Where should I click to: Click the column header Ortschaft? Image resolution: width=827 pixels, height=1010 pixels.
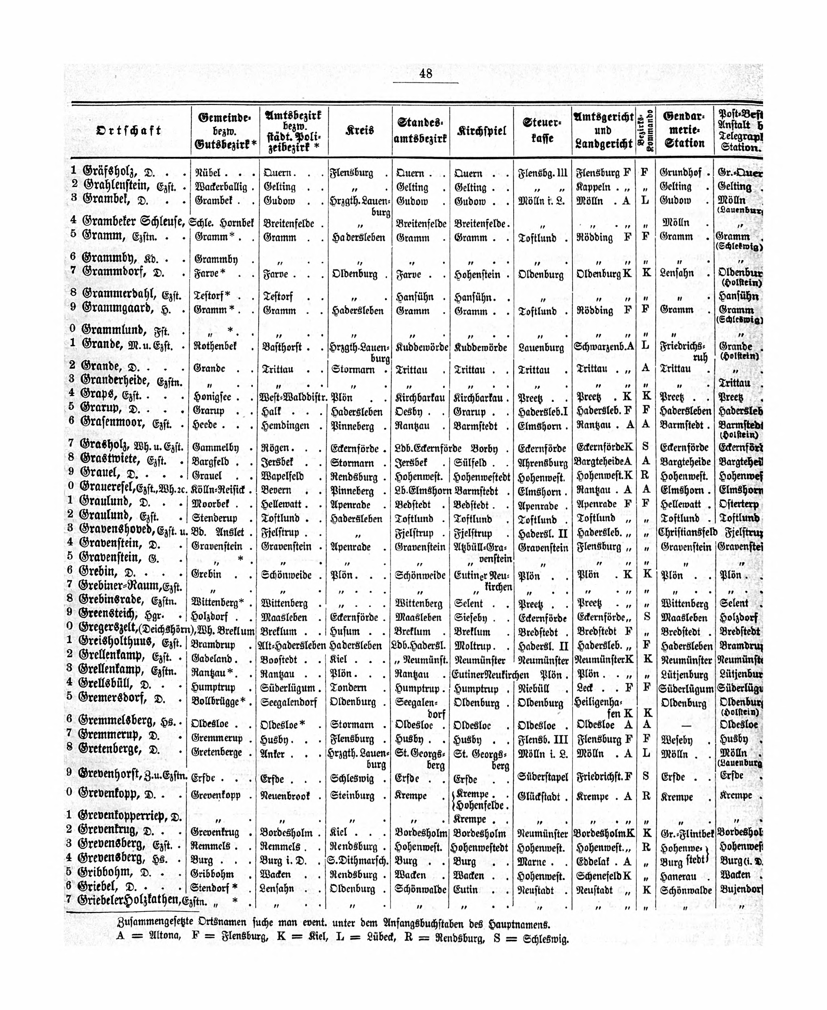tap(129, 131)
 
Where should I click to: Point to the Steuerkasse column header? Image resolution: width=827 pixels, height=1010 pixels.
tap(542, 131)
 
